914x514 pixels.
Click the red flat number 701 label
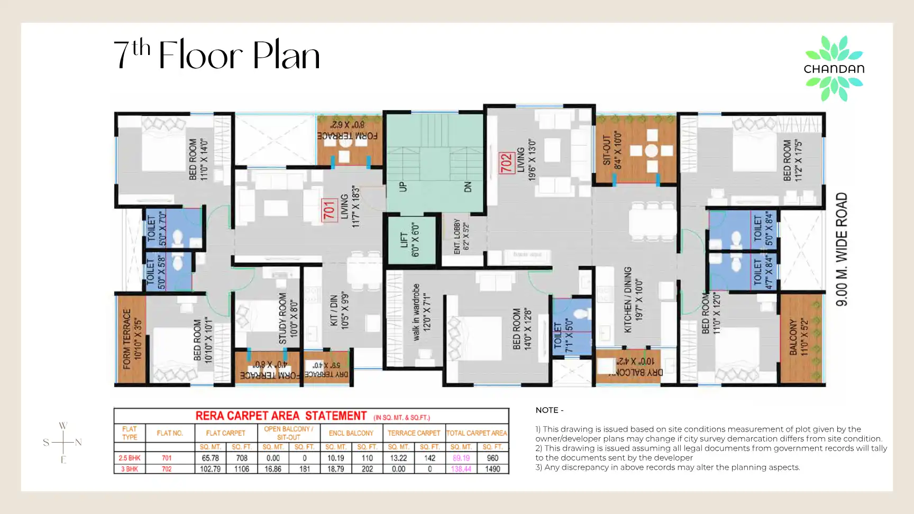coord(330,210)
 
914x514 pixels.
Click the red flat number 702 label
coord(507,163)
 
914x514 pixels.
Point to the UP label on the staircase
coord(403,187)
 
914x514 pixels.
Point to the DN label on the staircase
coord(468,187)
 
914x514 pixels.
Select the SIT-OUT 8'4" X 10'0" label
coord(612,151)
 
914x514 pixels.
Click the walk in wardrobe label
coord(422,312)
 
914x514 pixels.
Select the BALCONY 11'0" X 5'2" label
coord(799,337)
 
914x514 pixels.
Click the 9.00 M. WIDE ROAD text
coord(842,249)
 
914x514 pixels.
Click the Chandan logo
coord(834,68)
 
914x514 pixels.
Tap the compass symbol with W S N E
coord(63,442)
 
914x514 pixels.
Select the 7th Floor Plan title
coord(217,55)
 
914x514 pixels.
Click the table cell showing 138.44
coord(461,469)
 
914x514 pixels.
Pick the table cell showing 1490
coord(492,469)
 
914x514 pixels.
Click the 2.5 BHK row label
coord(130,458)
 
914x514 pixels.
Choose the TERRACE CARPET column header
coord(414,433)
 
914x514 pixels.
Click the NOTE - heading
coord(549,410)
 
